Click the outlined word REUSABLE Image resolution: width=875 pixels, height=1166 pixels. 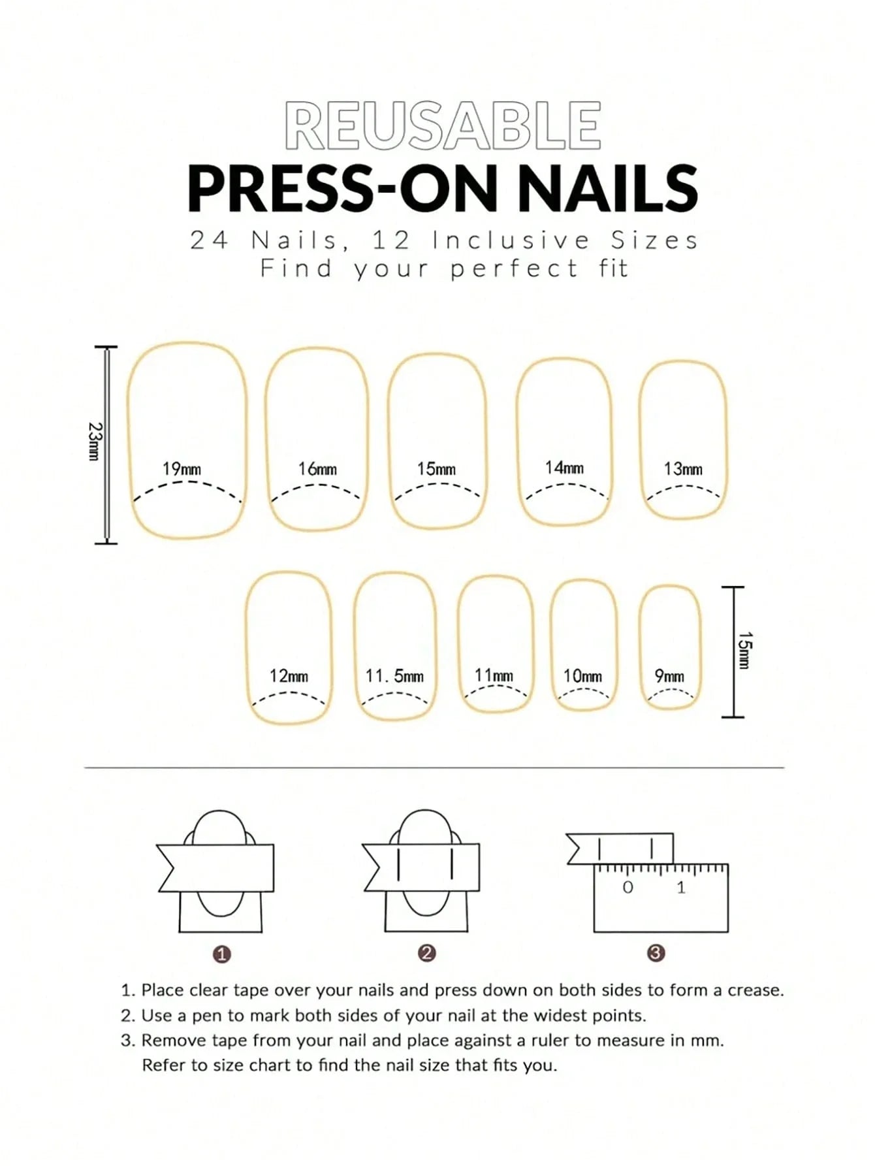tap(443, 126)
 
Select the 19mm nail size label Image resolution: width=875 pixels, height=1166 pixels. tap(182, 469)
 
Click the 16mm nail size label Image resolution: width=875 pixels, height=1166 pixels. tap(317, 469)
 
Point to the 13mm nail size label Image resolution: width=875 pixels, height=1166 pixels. tap(683, 469)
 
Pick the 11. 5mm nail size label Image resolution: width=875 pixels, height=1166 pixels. tap(394, 676)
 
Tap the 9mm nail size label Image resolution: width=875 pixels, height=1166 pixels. tap(669, 676)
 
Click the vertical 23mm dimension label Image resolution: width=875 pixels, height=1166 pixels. tap(94, 441)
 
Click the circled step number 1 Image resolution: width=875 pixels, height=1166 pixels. tap(222, 954)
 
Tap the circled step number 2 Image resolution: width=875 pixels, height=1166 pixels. tap(426, 953)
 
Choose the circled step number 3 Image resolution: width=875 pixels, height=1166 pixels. tap(656, 953)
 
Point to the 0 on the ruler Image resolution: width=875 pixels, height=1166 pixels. tap(628, 887)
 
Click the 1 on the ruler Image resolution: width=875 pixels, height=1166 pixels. tap(681, 887)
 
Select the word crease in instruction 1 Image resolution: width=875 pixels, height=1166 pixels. tap(755, 990)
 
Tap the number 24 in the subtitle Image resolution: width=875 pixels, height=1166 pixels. tap(209, 240)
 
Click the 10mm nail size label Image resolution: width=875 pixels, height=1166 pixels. tap(582, 676)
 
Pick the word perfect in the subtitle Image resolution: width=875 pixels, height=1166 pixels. tap(514, 269)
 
